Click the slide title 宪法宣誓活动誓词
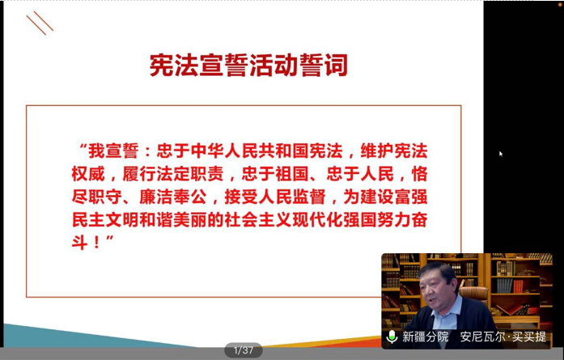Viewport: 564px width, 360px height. pos(248,65)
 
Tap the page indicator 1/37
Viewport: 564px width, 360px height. pos(243,350)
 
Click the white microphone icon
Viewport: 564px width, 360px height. pos(392,337)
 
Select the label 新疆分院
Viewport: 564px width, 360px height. pos(425,337)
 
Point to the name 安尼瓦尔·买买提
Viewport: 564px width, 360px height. pos(503,337)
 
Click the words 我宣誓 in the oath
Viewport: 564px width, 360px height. pos(113,150)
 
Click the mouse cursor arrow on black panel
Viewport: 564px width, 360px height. pos(501,154)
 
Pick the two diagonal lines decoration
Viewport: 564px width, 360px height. pos(40,23)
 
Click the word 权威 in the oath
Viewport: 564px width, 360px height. pos(88,174)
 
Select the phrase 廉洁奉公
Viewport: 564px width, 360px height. pos(173,197)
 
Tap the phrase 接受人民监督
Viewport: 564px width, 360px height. pos(275,197)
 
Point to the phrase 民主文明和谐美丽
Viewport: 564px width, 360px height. pos(139,220)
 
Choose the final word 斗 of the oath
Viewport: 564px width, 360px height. pos(79,243)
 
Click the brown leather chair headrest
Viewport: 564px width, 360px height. pos(474,294)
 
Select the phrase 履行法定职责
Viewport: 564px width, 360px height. pos(173,174)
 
